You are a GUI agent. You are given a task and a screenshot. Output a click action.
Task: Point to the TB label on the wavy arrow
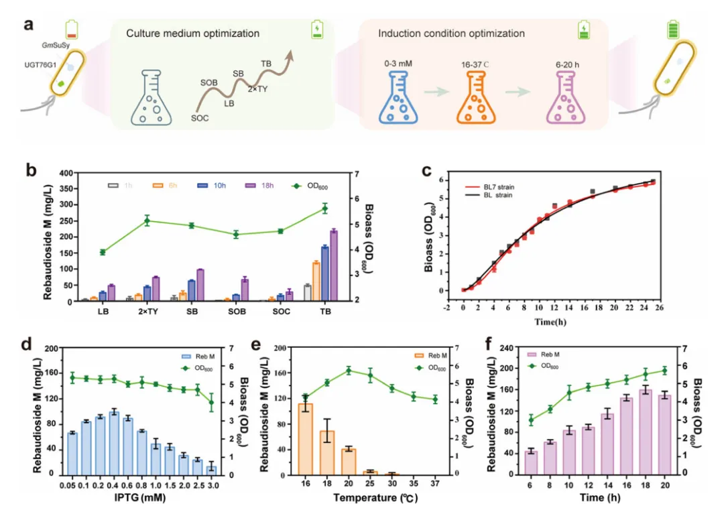(x=267, y=65)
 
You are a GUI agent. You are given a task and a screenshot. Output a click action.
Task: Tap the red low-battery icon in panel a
(x=72, y=29)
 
